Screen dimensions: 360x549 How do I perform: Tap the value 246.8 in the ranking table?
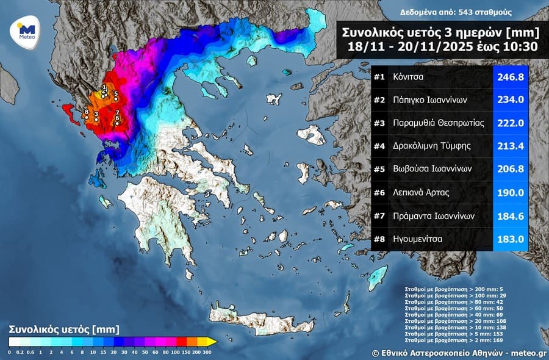(510, 77)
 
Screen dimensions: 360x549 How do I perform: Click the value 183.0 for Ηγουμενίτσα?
(510, 239)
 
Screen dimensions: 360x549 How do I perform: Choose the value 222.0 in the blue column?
(510, 123)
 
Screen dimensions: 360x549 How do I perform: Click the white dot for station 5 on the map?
(116, 99)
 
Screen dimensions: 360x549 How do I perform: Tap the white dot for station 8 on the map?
(87, 117)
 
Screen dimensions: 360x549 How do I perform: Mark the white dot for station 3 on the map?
(96, 120)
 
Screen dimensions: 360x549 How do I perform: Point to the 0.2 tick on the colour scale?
(21, 352)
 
